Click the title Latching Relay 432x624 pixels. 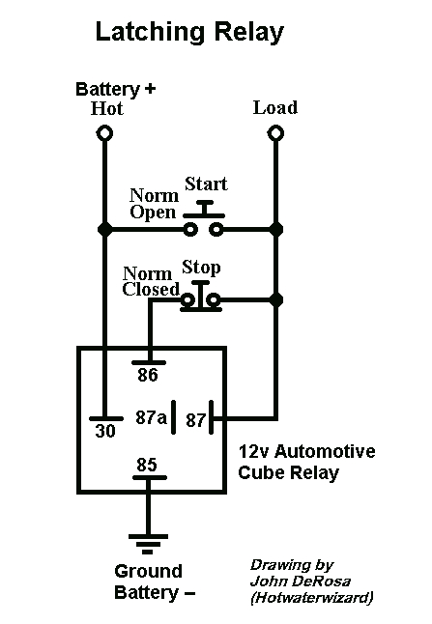click(x=189, y=33)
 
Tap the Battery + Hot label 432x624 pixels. click(x=115, y=99)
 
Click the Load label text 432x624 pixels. click(x=274, y=106)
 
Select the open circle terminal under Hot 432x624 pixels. click(x=103, y=132)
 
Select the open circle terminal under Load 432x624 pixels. click(x=275, y=132)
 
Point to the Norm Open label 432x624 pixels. click(x=154, y=204)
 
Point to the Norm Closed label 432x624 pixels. click(x=151, y=279)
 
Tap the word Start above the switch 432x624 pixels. click(x=205, y=184)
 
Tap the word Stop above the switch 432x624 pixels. click(x=201, y=267)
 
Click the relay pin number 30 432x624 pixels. click(x=105, y=433)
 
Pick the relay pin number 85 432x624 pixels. click(x=147, y=466)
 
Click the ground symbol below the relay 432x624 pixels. click(x=147, y=543)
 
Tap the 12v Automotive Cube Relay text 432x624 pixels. click(x=305, y=462)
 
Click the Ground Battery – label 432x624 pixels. click(x=150, y=581)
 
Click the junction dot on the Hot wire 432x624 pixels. click(x=103, y=230)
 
